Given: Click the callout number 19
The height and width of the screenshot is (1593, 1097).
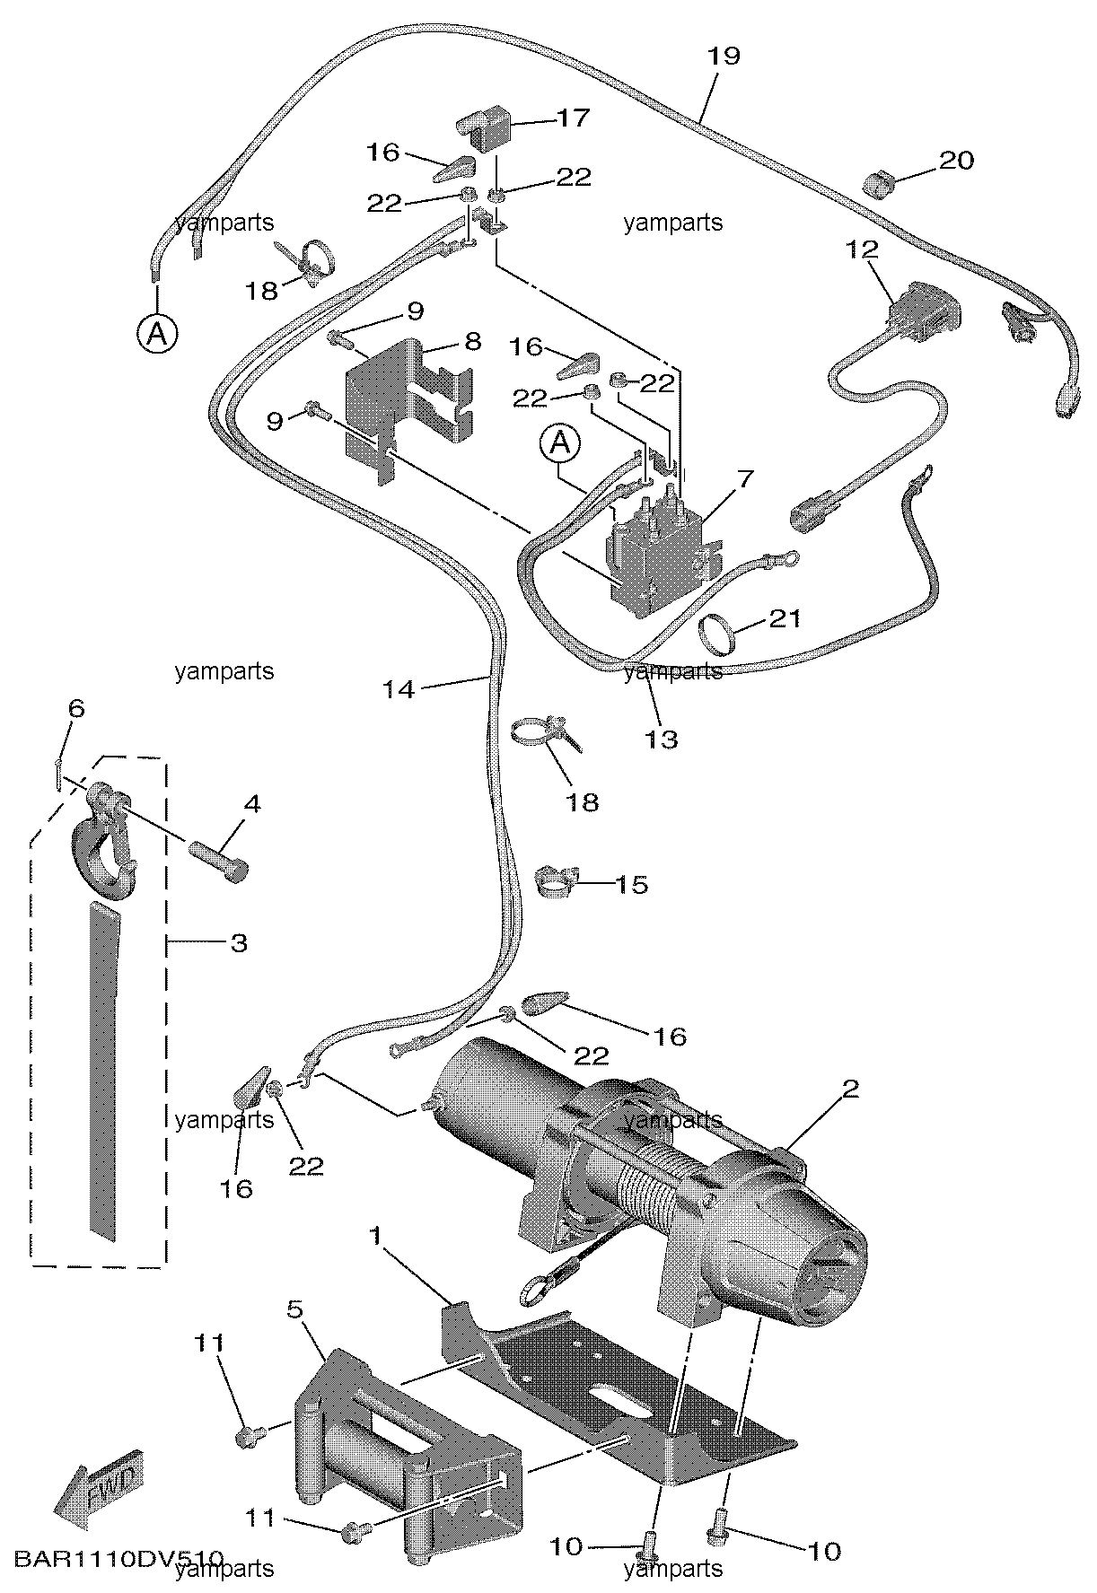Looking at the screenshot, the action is pos(724,56).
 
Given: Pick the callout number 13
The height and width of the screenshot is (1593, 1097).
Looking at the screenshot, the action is pos(663,740).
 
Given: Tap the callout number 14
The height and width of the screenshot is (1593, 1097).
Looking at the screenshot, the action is pos(399,689).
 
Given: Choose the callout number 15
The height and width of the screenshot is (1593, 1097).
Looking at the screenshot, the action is pos(632,884).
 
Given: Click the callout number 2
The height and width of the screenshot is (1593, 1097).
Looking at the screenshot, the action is pos(850,1089).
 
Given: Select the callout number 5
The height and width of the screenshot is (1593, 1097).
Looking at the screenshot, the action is pos(295,1309).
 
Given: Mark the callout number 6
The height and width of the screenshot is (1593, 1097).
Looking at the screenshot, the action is pos(76,709).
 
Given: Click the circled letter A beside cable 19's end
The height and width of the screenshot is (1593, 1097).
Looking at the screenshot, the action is pos(156,334).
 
